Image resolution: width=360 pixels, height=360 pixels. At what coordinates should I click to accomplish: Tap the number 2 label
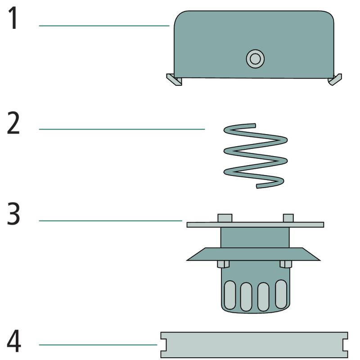click(x=13, y=124)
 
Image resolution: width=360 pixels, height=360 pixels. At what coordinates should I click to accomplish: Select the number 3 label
click(x=13, y=215)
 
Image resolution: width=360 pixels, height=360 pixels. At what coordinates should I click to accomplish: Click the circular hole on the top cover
click(x=255, y=58)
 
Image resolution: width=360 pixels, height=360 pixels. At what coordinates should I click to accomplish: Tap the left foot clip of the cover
click(x=174, y=80)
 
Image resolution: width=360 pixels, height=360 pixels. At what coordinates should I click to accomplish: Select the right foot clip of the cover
click(x=335, y=80)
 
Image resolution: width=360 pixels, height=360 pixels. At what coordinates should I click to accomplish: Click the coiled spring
click(x=255, y=155)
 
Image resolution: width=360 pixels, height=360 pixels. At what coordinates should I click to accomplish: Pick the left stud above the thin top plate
click(x=225, y=218)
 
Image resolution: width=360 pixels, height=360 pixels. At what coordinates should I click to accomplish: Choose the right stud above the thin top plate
click(x=288, y=218)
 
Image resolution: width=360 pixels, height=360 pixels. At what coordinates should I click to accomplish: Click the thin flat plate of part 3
click(x=255, y=224)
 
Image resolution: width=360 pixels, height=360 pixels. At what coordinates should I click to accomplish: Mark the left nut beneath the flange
click(x=223, y=264)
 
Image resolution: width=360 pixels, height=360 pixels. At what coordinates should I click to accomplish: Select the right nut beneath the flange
click(x=286, y=264)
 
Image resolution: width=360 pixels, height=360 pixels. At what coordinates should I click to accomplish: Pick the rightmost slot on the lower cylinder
click(x=281, y=294)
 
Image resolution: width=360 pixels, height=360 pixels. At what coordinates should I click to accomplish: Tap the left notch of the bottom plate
click(x=163, y=345)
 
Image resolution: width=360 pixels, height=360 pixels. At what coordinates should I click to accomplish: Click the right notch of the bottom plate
click(x=346, y=345)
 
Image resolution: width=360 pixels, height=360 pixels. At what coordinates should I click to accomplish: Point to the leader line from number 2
click(x=121, y=129)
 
